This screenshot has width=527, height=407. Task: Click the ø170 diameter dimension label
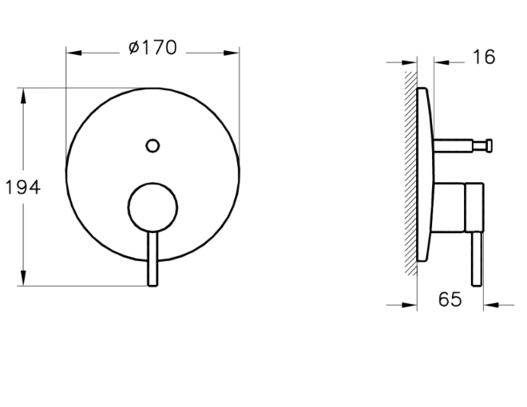pos(153,48)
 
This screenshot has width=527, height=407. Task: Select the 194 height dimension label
pos(23,187)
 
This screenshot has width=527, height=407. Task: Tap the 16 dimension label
pos(484,57)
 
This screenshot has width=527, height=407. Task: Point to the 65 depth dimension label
pos(450,299)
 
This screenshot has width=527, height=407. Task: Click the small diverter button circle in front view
pos(153,146)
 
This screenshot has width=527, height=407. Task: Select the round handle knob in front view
pos(153,207)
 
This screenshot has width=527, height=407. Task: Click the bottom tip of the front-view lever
pos(153,286)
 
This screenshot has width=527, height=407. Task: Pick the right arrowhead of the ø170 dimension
pos(232,53)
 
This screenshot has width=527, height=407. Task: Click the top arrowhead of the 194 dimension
pos(23,96)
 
